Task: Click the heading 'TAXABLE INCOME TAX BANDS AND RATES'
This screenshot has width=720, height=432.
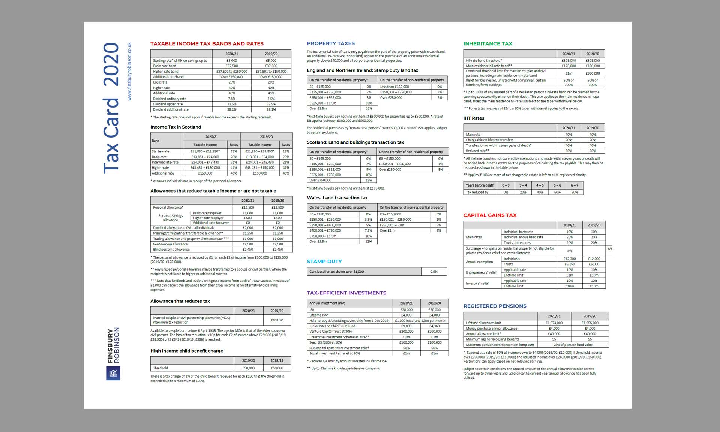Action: (207, 44)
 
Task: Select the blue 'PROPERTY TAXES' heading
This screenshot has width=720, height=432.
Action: (330, 43)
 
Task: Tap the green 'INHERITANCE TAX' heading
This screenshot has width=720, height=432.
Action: (487, 44)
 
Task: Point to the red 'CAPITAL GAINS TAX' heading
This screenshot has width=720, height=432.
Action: (490, 215)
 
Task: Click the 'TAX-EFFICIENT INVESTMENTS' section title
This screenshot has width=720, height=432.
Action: (346, 293)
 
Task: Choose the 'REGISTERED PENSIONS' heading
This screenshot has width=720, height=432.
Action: (495, 306)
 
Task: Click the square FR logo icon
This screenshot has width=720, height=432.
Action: (113, 373)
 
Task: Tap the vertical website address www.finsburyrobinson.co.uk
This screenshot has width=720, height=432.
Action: (129, 71)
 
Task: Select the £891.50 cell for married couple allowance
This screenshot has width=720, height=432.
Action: (277, 320)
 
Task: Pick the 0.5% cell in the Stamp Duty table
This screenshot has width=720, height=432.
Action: (433, 272)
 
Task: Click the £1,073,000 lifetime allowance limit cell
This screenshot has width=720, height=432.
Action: (554, 323)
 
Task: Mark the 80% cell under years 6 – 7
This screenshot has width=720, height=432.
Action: (574, 192)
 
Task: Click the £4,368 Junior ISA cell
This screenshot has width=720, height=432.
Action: (434, 326)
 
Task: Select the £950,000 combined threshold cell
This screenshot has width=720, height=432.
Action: (592, 73)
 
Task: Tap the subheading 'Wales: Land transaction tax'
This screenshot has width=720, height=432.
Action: (337, 198)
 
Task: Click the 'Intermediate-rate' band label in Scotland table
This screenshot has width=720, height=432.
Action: (165, 163)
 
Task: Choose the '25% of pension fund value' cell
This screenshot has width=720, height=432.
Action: (573, 345)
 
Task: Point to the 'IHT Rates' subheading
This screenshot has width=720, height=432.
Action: (474, 118)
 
